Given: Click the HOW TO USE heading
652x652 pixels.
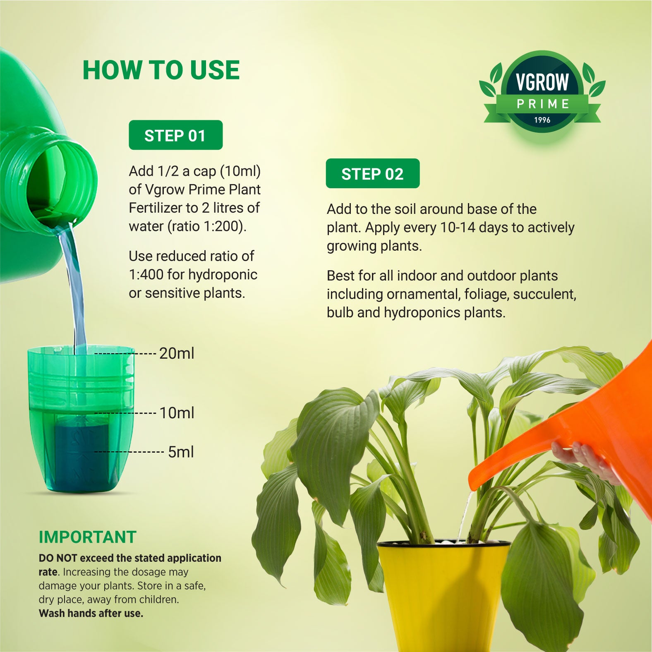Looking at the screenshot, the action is point(161,70).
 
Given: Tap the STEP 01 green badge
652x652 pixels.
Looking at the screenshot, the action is point(176,135).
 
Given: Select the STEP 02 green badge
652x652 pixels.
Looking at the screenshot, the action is point(373,173).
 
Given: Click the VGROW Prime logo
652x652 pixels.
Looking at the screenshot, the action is point(542,92).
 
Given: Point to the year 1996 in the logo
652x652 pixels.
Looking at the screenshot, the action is point(542,120).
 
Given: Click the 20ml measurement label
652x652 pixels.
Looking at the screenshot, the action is point(177,353).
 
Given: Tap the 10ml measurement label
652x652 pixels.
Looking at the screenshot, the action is point(177,413).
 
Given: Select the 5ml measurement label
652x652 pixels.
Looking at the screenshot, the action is point(181,452).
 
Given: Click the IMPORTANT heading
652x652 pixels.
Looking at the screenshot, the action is point(87,537).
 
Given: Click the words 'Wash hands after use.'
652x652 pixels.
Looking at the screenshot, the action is point(91,613).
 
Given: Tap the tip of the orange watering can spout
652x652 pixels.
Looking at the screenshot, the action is point(471,484).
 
